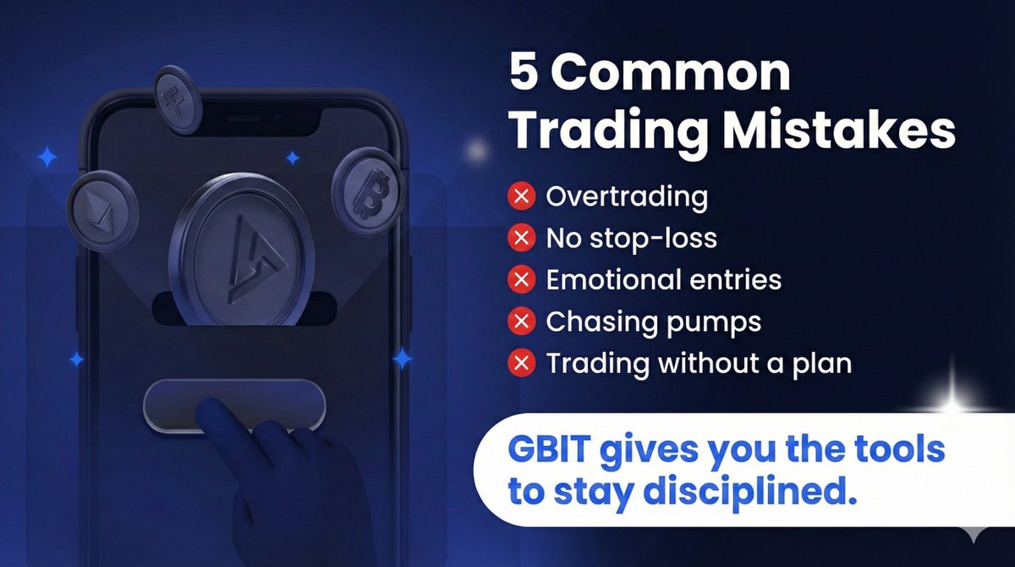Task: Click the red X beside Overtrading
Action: tap(522, 197)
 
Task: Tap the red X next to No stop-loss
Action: tap(522, 238)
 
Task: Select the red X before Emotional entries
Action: tap(522, 279)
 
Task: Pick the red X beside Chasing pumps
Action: tap(522, 322)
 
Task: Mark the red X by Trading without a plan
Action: tap(522, 363)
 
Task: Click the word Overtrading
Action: tap(627, 197)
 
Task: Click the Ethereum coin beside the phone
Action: tap(102, 208)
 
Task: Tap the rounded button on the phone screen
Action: tap(234, 404)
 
